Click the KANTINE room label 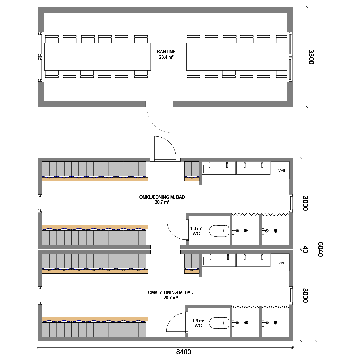[166, 52]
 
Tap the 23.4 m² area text [166, 57]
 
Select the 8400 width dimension [183, 352]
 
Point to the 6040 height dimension [321, 249]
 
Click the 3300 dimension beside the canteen [311, 57]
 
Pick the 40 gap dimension [305, 249]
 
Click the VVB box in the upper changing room [280, 170]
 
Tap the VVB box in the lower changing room [280, 263]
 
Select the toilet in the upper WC [219, 231]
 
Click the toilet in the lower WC [219, 323]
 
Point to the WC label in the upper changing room [196, 234]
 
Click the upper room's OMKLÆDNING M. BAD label [162, 197]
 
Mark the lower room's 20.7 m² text [171, 298]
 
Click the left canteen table [98, 57]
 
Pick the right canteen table [237, 57]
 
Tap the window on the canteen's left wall [40, 57]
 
